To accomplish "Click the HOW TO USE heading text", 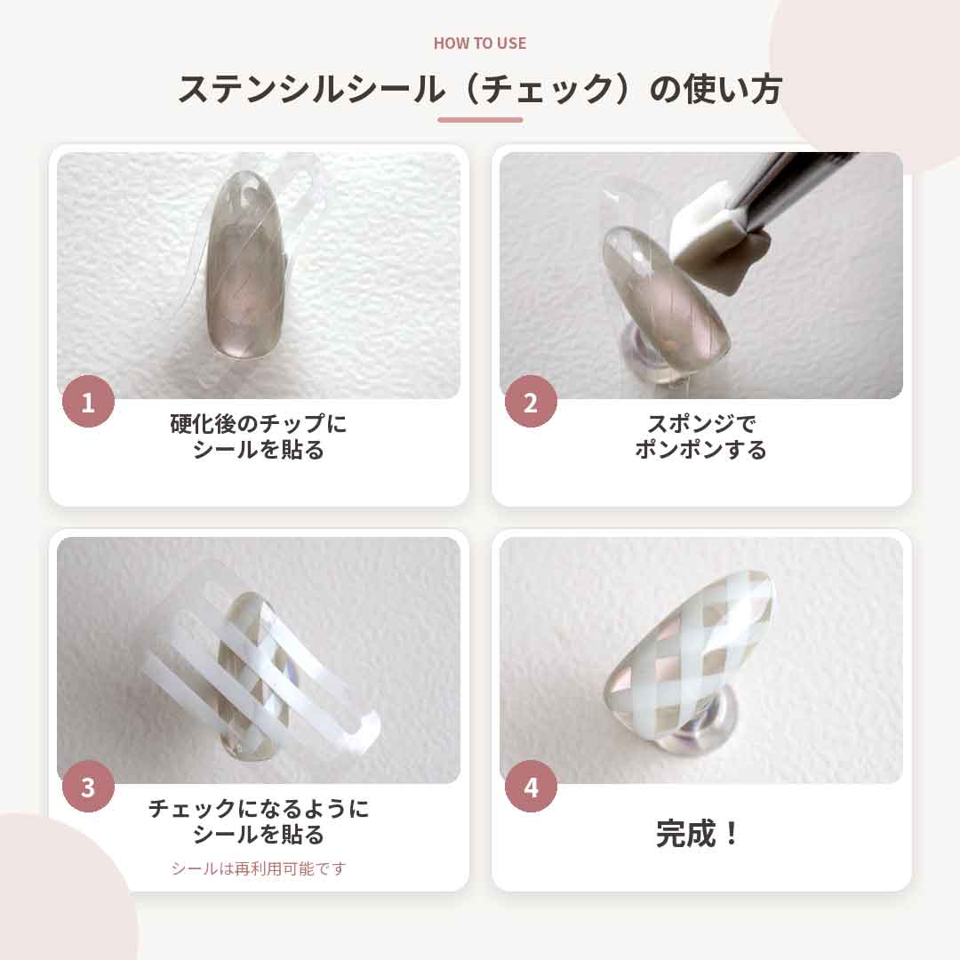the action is click(480, 43).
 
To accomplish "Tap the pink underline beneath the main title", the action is click(480, 120).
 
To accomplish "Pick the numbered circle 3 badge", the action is click(88, 786).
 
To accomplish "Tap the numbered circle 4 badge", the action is click(531, 786).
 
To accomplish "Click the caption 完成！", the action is click(698, 833).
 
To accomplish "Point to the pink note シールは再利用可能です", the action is click(259, 868).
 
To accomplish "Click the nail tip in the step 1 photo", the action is click(246, 267).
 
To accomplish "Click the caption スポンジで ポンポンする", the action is click(701, 436).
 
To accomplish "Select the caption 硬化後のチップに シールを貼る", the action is click(259, 436).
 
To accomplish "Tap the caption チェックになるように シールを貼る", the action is click(259, 821).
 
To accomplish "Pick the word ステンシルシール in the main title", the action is click(312, 89).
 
